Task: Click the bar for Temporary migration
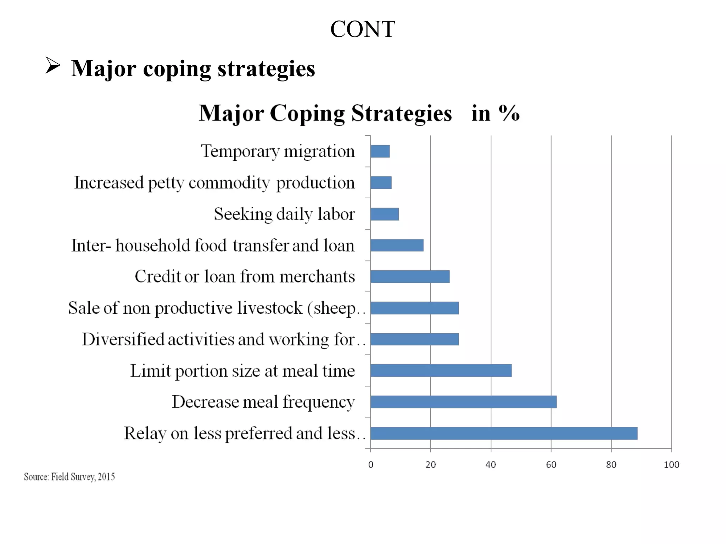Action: [x=380, y=151]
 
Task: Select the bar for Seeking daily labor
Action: [x=385, y=214]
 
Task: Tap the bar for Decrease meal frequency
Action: [x=463, y=402]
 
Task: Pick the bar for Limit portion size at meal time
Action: [x=441, y=370]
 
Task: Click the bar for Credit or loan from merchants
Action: [x=410, y=277]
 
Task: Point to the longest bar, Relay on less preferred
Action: [x=504, y=433]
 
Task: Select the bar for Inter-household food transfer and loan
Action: [x=397, y=245]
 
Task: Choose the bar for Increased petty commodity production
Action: [x=381, y=183]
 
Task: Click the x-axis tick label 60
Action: [x=551, y=465]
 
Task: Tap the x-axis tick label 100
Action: [x=671, y=465]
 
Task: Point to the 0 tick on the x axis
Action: [x=371, y=465]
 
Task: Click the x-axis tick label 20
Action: [x=431, y=465]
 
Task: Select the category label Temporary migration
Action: [x=278, y=152]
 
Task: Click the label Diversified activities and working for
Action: [x=223, y=340]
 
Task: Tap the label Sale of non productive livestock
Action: [x=217, y=308]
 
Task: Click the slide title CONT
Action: [x=363, y=29]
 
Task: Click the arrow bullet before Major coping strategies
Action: [x=53, y=66]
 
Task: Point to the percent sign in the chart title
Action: [x=509, y=113]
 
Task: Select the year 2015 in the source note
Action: [x=106, y=477]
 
